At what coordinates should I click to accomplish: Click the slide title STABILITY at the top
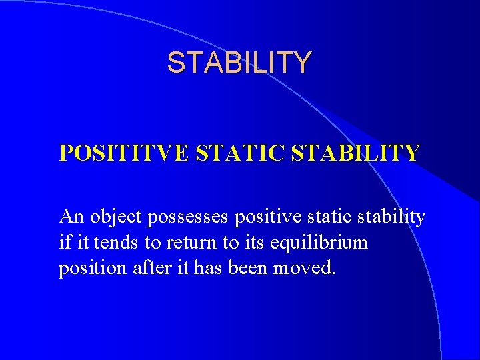239,63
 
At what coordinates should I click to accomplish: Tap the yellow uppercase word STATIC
230,153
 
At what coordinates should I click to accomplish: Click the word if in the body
65,241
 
